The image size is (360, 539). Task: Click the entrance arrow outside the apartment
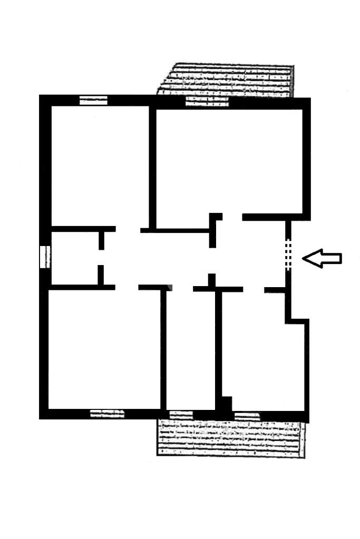point(322,258)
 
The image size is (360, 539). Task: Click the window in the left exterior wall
point(45,257)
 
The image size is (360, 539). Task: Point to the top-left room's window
point(93,100)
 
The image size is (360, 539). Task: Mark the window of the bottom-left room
point(107,414)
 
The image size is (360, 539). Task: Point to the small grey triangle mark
point(170,287)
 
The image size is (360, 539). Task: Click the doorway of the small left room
point(101,258)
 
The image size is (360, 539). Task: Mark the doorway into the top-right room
point(232,217)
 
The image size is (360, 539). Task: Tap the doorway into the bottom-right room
point(253,289)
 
